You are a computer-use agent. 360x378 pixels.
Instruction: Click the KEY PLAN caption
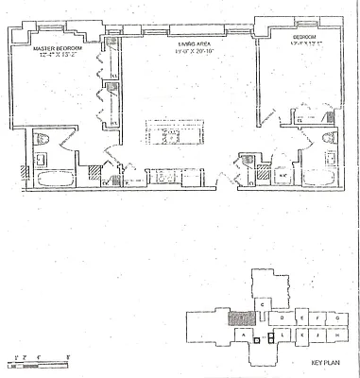point(324,362)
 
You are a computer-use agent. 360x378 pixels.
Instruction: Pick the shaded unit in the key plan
point(242,318)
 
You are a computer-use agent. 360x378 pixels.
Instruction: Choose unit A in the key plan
point(244,335)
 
